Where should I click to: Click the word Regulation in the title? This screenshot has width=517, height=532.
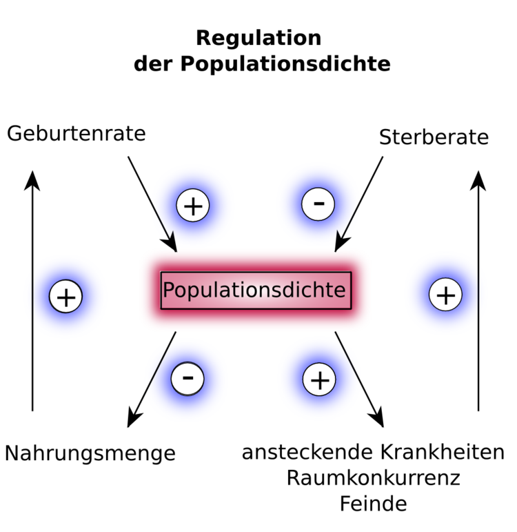click(x=258, y=37)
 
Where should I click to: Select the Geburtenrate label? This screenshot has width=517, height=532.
click(x=77, y=133)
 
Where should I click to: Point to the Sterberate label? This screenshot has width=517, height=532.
click(x=434, y=137)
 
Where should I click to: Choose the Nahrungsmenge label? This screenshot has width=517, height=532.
click(x=90, y=453)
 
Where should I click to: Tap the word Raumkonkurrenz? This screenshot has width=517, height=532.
click(x=373, y=477)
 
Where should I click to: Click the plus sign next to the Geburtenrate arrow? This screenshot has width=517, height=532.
click(x=193, y=206)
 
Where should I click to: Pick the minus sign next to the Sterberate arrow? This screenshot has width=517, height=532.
click(x=318, y=204)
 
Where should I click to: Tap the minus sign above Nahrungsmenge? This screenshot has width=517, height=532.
click(x=188, y=378)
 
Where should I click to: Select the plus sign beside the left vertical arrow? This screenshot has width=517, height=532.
click(x=66, y=297)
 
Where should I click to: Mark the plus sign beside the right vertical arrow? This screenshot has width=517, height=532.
click(x=445, y=295)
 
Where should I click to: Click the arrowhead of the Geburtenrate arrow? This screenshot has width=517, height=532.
click(x=170, y=244)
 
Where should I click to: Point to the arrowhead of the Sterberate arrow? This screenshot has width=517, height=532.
click(x=341, y=244)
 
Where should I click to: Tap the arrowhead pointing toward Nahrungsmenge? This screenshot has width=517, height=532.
click(x=134, y=418)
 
